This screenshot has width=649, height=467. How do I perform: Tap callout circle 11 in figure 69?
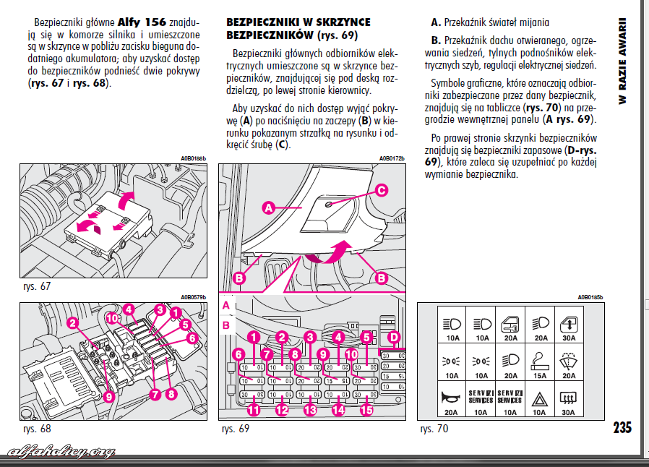252,411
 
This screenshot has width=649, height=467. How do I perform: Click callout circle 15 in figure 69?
367,411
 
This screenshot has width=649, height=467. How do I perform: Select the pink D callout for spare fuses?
394,337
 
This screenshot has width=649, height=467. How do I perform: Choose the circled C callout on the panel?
381,191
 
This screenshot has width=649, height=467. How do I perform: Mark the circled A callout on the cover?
267,208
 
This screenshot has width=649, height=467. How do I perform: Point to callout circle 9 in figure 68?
108,396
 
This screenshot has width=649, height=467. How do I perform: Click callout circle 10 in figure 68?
112,317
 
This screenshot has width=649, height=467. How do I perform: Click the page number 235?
622,427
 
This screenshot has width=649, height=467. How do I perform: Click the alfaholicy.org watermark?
61,452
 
